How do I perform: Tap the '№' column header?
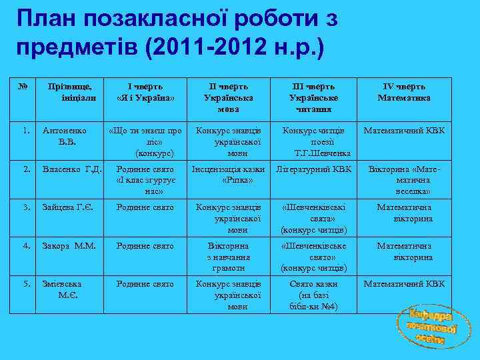(x=23, y=87)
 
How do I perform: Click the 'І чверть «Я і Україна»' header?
(x=145, y=92)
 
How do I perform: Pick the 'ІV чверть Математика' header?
(x=404, y=92)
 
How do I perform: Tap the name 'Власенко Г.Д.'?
(x=72, y=170)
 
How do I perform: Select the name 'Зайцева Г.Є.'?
(x=67, y=207)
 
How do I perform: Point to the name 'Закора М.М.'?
(x=69, y=246)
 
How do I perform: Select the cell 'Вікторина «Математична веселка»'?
(x=404, y=180)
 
